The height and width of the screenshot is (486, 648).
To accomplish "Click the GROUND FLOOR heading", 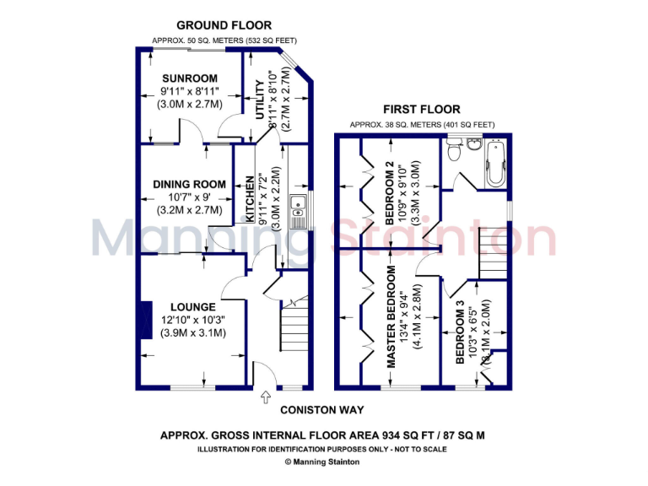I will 223,25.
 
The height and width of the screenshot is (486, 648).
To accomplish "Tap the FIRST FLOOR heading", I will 422,109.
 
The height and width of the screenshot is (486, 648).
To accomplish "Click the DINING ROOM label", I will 189,184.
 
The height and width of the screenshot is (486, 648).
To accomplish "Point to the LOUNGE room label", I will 193,306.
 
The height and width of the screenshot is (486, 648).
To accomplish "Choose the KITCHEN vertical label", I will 251,199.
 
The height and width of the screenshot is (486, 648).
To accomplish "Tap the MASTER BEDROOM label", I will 391,316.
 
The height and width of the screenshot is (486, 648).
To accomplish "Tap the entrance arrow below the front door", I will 267,396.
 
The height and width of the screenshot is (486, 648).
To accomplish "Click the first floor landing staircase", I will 492,251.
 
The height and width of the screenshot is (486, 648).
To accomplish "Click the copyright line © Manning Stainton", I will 323,462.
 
